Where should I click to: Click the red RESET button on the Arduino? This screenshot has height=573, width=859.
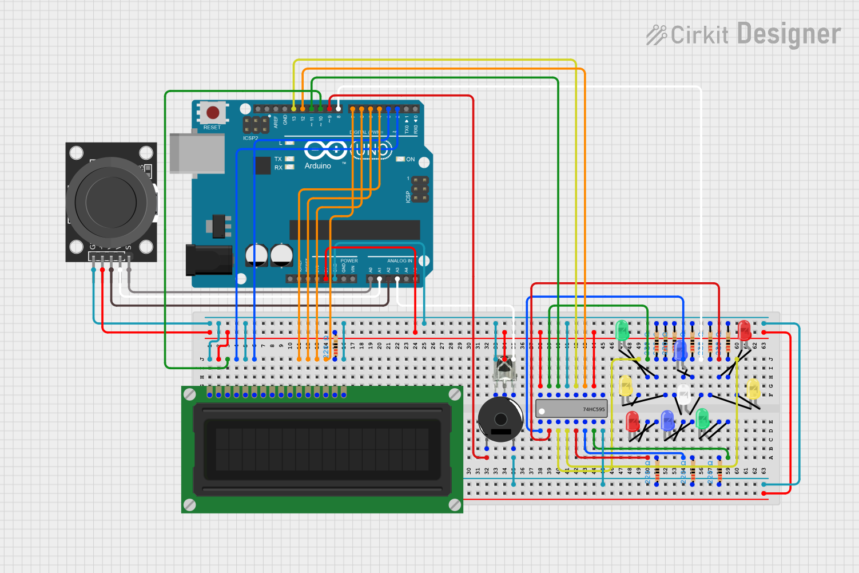[x=213, y=112]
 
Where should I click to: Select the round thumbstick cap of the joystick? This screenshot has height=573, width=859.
[x=111, y=201]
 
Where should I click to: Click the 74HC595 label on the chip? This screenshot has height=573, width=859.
[x=593, y=409]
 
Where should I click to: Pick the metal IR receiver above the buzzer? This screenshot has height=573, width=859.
[x=504, y=369]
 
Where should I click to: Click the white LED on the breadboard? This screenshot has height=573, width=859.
[x=683, y=394]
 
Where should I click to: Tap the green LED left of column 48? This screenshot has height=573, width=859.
[x=622, y=330]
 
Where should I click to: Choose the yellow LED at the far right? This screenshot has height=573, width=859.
[x=754, y=389]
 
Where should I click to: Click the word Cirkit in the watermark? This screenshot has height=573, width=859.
[x=699, y=35]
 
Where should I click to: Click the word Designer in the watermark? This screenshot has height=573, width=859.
[x=789, y=34]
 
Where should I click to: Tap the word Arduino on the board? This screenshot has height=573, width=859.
[x=317, y=166]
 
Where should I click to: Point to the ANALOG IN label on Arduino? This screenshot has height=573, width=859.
[x=399, y=261]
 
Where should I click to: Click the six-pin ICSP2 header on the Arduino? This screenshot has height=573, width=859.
[x=256, y=125]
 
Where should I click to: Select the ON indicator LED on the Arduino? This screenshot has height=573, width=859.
[x=400, y=159]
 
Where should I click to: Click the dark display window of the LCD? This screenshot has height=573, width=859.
[x=322, y=449]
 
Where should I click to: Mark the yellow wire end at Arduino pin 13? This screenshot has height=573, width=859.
[x=294, y=109]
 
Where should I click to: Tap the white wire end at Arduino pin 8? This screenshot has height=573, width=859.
[x=339, y=109]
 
